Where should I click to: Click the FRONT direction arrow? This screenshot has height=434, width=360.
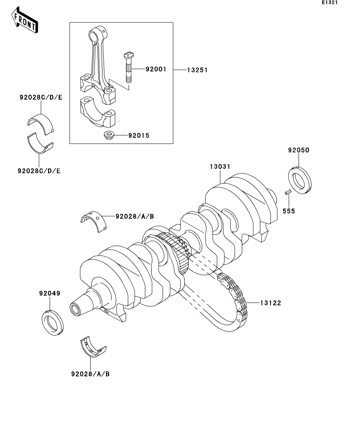[x=25, y=20]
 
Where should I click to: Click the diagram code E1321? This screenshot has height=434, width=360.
[x=330, y=2]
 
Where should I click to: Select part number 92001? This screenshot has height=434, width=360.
[x=156, y=69]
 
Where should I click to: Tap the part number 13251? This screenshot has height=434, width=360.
[x=197, y=70]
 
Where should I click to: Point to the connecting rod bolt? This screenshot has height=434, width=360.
[x=128, y=67]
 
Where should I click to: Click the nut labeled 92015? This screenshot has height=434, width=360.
[x=108, y=135]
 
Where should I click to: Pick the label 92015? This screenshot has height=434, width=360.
[x=139, y=135]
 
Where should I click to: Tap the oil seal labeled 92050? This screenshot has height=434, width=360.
[x=300, y=180]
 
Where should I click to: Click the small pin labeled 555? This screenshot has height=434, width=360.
[x=288, y=192]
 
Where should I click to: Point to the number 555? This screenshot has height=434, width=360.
[x=289, y=211]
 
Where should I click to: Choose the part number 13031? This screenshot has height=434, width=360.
[x=220, y=166]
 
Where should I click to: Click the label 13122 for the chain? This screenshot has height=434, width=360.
[x=271, y=303]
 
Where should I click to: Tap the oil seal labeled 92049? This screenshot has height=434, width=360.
[x=52, y=323]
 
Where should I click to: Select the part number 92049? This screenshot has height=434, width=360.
[x=50, y=293]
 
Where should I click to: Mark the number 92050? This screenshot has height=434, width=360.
[x=299, y=150]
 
